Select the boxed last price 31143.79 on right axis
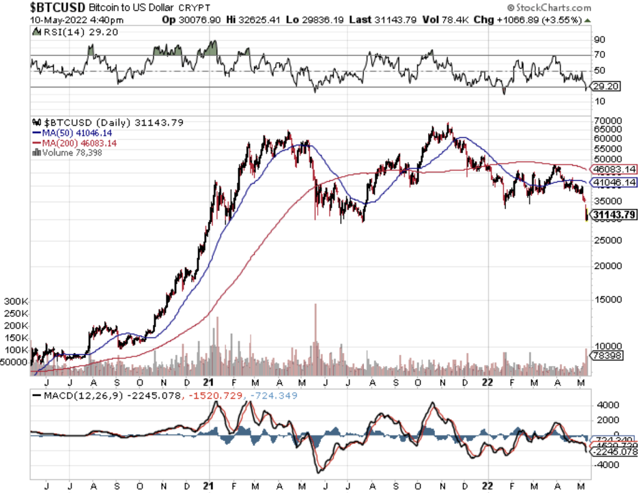(614, 215)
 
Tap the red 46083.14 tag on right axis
(614, 169)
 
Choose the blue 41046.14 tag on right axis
(614, 183)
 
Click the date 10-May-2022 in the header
(55, 20)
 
